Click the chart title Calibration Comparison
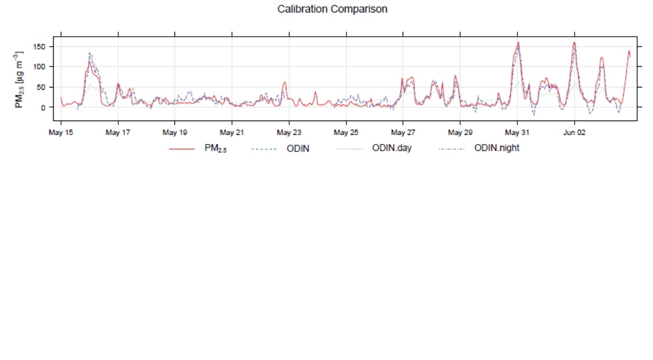[x=332, y=9]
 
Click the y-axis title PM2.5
[x=19, y=79]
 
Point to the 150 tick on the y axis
[x=42, y=46]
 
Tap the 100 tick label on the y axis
[x=42, y=67]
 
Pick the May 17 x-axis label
[x=118, y=133]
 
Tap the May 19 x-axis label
[x=175, y=133]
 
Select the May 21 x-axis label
[x=232, y=133]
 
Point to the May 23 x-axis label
[x=289, y=133]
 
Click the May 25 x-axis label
[x=346, y=133]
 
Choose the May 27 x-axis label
[x=403, y=133]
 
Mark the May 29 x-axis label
[x=460, y=133]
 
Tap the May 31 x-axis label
[x=517, y=133]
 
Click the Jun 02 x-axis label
[x=574, y=133]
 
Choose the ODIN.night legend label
[x=496, y=149]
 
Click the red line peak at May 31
[x=518, y=42]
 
